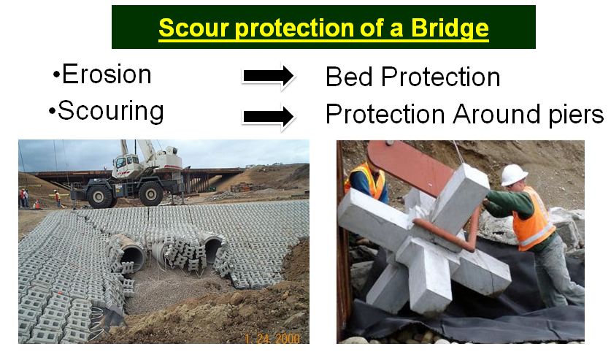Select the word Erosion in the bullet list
tap(107, 74)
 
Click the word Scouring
tap(111, 111)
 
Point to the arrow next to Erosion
tap(268, 76)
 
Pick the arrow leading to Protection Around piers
tap(268, 116)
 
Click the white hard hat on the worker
tap(514, 175)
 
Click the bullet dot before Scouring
tap(52, 112)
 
